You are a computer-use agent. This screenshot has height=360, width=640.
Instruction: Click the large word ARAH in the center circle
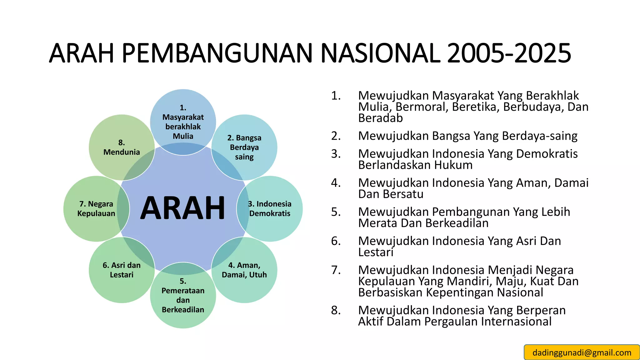coord(182,208)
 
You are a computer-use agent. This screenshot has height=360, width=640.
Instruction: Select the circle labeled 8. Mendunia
coord(122,147)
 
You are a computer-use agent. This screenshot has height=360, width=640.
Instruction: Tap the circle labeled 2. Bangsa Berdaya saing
coord(244,147)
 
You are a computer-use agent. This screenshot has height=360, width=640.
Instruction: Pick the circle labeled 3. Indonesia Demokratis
coord(270,209)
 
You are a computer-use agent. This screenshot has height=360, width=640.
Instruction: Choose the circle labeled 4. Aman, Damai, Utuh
coord(244,270)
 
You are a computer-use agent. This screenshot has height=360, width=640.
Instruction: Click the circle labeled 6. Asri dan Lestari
coord(122,270)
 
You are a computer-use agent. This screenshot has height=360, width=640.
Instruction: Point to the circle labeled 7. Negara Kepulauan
coord(96,209)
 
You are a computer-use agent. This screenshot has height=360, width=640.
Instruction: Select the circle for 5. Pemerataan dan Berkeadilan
coord(183,296)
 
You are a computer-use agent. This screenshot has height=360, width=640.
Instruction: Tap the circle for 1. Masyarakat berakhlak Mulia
coord(183,122)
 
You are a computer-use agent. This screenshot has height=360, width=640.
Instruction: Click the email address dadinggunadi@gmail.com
coord(582,352)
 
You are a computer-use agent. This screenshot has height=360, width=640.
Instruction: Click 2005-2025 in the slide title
coord(509,53)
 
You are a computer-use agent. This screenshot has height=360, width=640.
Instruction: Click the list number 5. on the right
coord(336,212)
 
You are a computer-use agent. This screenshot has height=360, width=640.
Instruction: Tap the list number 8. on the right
coord(336,310)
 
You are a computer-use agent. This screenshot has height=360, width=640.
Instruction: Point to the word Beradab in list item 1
coord(380,118)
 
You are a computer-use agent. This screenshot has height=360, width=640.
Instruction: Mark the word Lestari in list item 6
coord(376,252)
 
